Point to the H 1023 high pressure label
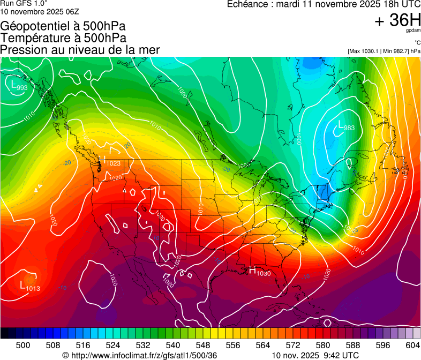click(109, 161)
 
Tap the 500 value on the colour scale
click(23, 345)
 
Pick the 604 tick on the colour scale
click(413, 345)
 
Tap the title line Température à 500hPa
click(64, 38)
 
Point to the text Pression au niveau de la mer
click(80, 50)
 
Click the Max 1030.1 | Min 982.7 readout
click(384, 51)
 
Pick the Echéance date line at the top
click(324, 4)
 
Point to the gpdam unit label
click(412, 32)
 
